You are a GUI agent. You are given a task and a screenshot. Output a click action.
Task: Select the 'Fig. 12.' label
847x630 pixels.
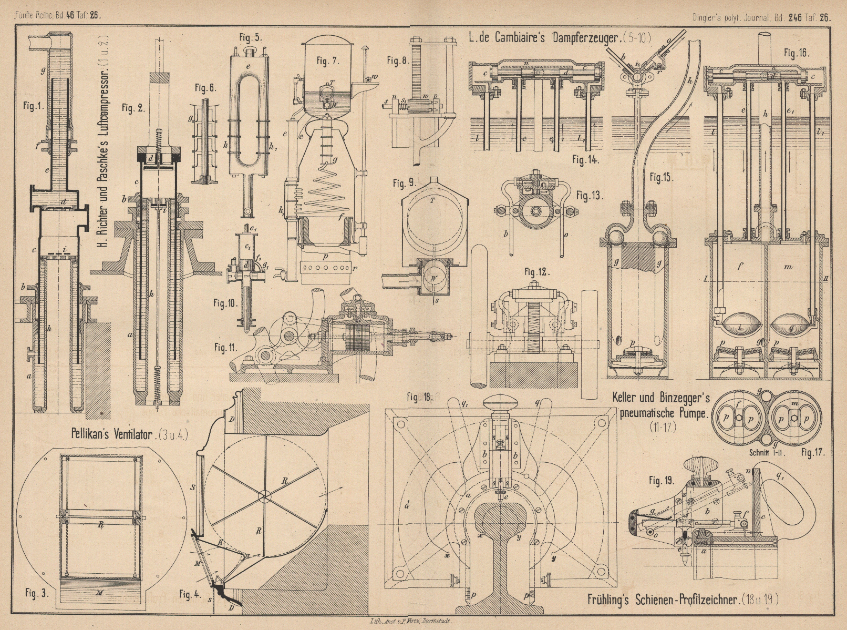[x=536, y=272]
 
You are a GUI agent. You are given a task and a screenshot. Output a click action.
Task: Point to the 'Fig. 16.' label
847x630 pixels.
[x=797, y=53]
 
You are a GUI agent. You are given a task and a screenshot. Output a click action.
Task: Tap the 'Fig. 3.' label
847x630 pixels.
[x=37, y=593]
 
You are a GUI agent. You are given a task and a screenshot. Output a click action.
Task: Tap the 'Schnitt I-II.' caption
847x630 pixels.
[x=764, y=452]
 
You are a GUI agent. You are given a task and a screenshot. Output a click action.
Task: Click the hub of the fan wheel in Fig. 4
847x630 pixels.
[x=264, y=495]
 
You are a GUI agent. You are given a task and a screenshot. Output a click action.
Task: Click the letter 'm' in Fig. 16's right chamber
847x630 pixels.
[x=788, y=267]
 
